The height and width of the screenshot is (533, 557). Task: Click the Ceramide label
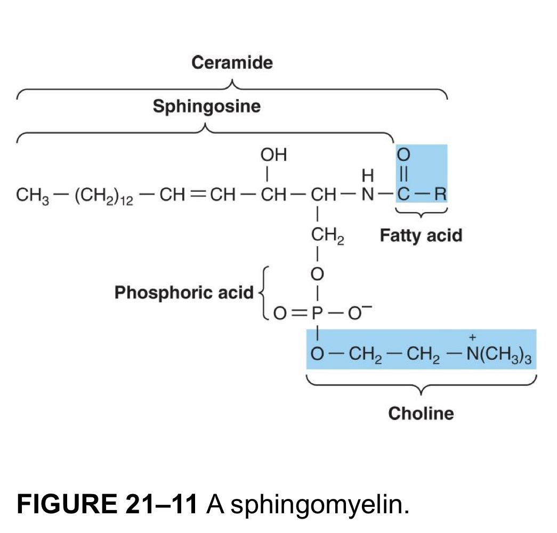[232, 63]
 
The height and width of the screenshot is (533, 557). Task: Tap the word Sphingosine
[207, 107]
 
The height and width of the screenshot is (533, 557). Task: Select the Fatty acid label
[421, 235]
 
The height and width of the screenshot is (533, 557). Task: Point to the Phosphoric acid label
[184, 292]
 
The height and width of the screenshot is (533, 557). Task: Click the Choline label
[421, 413]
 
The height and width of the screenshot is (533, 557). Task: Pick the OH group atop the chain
[273, 155]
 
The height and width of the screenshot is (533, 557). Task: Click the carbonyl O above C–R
[404, 155]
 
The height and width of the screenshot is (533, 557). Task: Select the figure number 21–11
[160, 504]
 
